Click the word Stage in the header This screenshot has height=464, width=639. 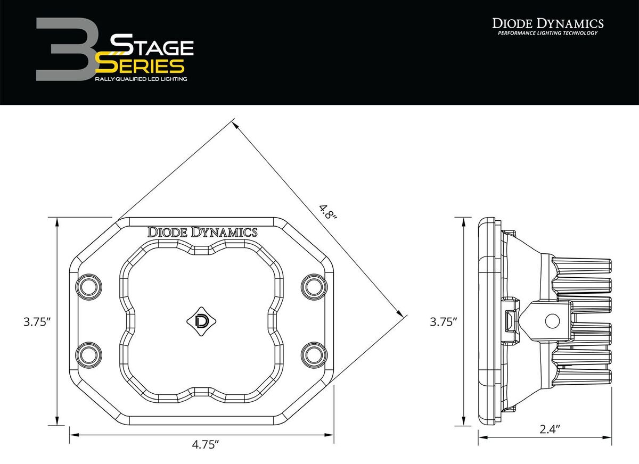tap(151, 46)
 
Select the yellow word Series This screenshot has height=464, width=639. tap(143, 65)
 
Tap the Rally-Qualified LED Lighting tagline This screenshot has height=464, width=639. tap(141, 79)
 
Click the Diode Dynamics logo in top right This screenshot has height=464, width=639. tap(547, 23)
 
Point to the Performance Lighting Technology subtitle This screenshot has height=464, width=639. tap(547, 34)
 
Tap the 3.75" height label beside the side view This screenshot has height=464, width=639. tap(444, 321)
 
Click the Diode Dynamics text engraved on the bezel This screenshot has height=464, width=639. tap(202, 232)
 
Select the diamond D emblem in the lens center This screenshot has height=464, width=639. tap(202, 321)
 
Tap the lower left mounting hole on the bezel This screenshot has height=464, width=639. tap(87, 354)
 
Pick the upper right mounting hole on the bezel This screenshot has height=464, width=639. tap(312, 286)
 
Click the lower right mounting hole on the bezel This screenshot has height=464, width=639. tap(312, 354)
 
